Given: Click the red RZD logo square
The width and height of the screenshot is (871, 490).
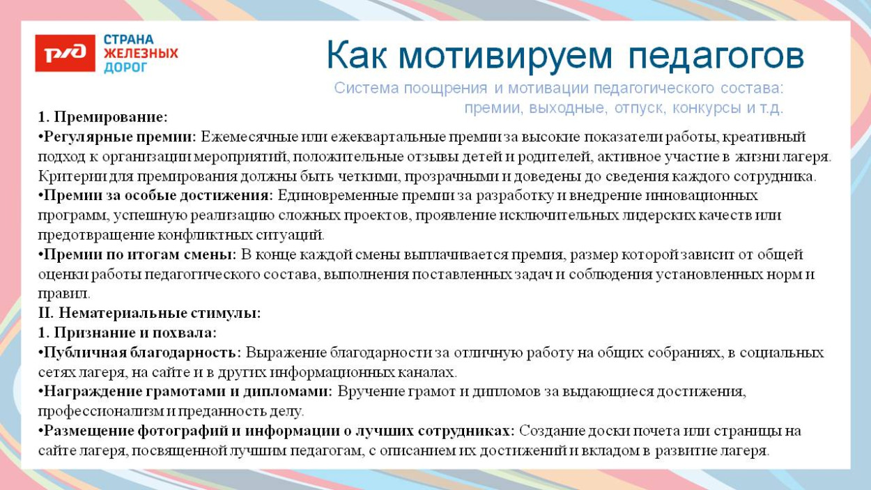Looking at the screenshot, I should pyautogui.click(x=65, y=54).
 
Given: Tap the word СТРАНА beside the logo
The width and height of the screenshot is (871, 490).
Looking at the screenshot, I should pyautogui.click(x=129, y=40).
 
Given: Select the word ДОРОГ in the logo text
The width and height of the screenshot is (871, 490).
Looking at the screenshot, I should pyautogui.click(x=126, y=68).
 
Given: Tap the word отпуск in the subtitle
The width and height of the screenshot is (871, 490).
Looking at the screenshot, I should pyautogui.click(x=640, y=108).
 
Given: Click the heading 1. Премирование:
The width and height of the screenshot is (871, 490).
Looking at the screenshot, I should pyautogui.click(x=103, y=116).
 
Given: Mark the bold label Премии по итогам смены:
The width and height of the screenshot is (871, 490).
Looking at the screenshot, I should pyautogui.click(x=138, y=254).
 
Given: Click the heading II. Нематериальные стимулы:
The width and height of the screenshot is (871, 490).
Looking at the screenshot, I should pyautogui.click(x=149, y=313).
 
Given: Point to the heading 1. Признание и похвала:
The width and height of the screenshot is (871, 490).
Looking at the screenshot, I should pyautogui.click(x=127, y=332).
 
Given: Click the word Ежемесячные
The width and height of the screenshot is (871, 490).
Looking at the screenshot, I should pyautogui.click(x=244, y=136).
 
